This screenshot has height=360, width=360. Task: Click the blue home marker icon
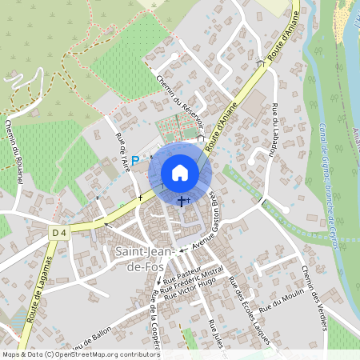coord(180,173)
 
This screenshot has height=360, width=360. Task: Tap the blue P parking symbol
coord(135,160)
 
